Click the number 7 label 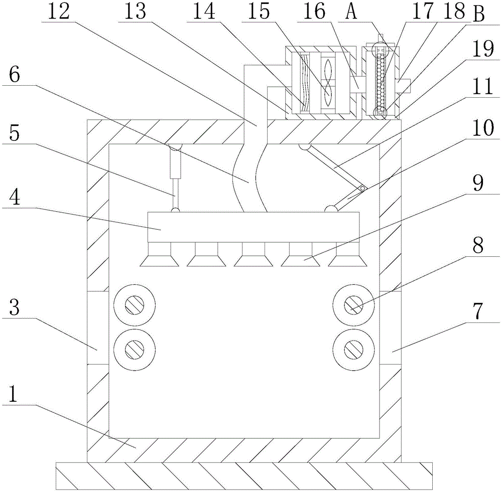click(x=477, y=311)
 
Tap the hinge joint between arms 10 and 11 click(x=362, y=188)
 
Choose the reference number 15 click(x=257, y=13)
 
